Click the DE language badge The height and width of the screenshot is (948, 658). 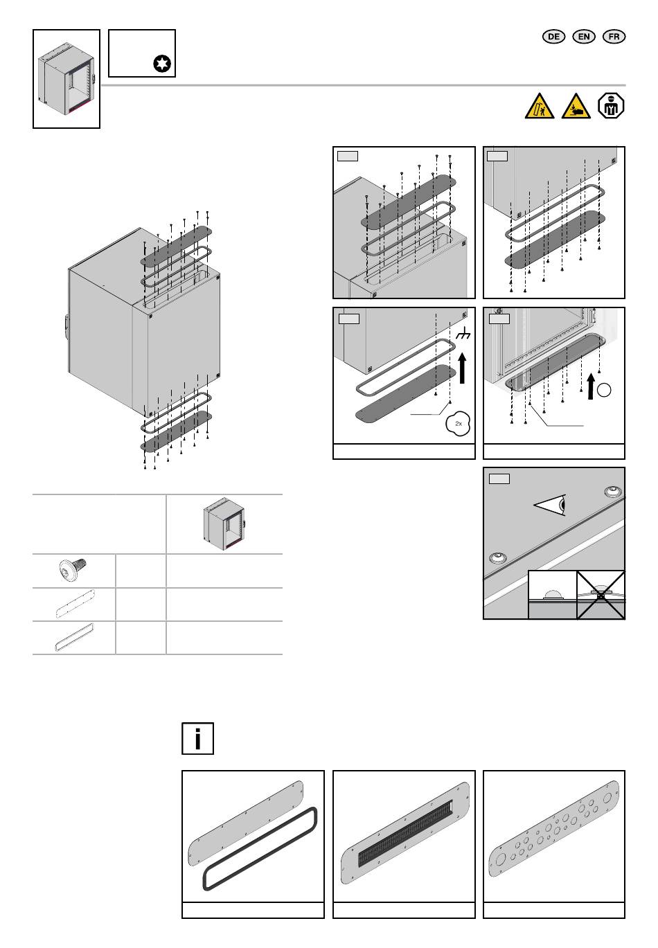[553, 37]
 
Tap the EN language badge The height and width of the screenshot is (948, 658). [583, 37]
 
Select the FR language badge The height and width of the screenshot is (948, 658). [614, 37]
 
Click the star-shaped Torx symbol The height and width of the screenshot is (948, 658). [162, 64]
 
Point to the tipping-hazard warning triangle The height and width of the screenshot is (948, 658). [540, 106]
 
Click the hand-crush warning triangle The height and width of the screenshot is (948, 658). [576, 106]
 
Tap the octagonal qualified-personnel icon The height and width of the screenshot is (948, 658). [611, 105]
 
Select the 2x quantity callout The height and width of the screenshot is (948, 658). [458, 423]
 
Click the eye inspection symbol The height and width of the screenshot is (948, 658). [550, 505]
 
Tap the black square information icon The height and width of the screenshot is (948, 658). [197, 738]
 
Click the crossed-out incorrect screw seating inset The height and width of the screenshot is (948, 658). [601, 594]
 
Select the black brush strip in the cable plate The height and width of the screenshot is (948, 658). [404, 833]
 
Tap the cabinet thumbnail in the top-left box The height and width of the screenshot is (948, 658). [66, 79]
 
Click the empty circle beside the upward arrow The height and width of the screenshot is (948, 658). [604, 390]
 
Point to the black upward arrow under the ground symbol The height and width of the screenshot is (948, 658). [463, 368]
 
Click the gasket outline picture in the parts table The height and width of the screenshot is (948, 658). [74, 637]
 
